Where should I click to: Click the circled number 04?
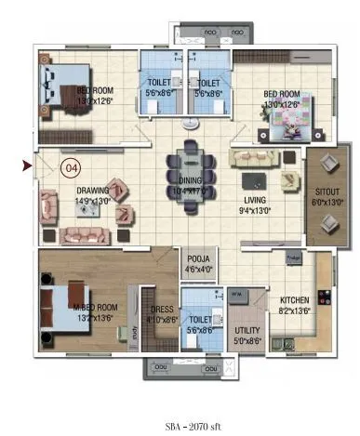pos(69,168)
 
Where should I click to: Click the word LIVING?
pos(255,199)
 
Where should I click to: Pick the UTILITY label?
pos(247,329)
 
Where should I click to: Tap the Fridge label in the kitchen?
pos(291,256)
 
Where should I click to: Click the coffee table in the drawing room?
pos(90,211)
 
